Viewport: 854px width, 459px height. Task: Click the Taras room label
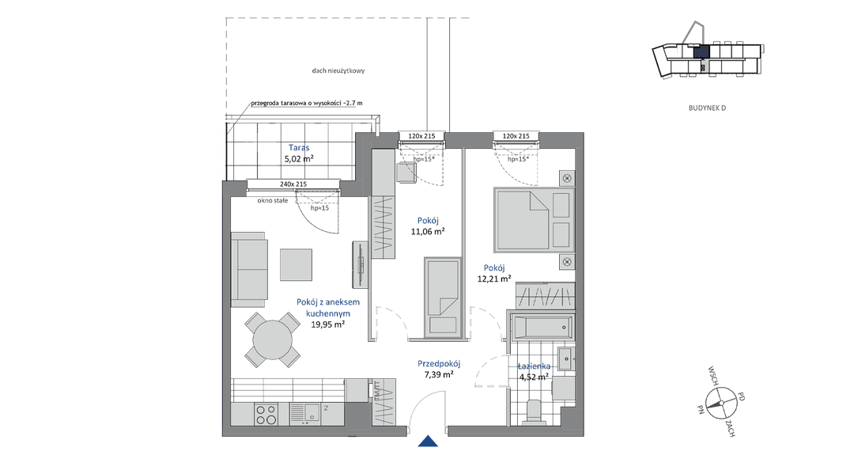pyautogui.click(x=299, y=147)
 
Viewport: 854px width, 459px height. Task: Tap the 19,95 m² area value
pyautogui.click(x=328, y=324)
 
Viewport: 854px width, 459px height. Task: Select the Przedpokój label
pyautogui.click(x=439, y=363)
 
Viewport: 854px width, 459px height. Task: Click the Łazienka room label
pyautogui.click(x=534, y=366)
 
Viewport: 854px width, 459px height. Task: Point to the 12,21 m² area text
pyautogui.click(x=494, y=279)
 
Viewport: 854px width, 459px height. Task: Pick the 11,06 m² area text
pyautogui.click(x=428, y=231)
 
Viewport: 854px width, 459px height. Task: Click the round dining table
pyautogui.click(x=272, y=340)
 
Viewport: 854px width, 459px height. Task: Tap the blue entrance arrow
pyautogui.click(x=428, y=441)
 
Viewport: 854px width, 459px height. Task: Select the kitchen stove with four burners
pyautogui.click(x=266, y=415)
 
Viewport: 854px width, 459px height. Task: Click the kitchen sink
pyautogui.click(x=304, y=415)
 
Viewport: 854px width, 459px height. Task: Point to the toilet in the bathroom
pyautogui.click(x=535, y=412)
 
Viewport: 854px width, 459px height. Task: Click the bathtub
pyautogui.click(x=542, y=327)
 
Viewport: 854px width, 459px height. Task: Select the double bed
pyautogui.click(x=534, y=220)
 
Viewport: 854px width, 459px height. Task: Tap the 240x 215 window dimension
pyautogui.click(x=293, y=184)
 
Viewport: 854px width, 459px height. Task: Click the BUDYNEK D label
pyautogui.click(x=707, y=108)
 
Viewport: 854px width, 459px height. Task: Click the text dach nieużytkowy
pyautogui.click(x=338, y=70)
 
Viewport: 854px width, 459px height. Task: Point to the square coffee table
pyautogui.click(x=297, y=265)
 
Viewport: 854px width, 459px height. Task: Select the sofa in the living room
pyautogui.click(x=249, y=269)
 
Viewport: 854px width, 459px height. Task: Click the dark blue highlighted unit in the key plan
pyautogui.click(x=701, y=51)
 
